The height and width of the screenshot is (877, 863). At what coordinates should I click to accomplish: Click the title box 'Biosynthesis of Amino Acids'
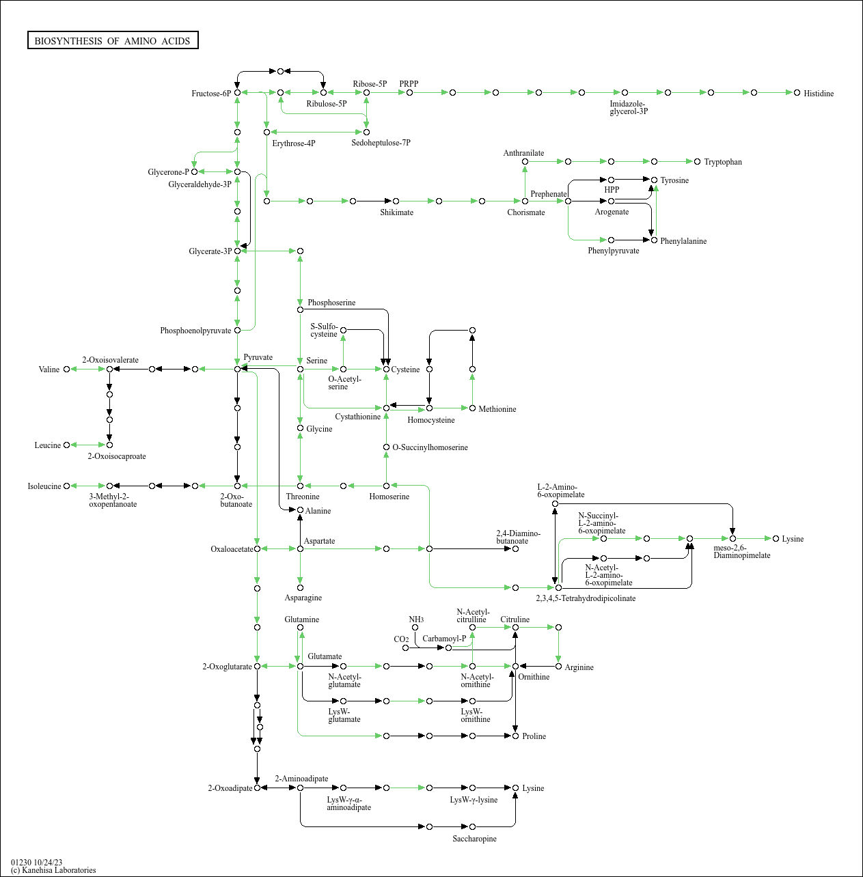coord(113,41)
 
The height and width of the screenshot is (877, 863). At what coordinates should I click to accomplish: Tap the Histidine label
coord(818,94)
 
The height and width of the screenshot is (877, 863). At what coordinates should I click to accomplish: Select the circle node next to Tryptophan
coord(697,161)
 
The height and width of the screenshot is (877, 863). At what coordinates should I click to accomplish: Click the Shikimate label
coord(396,212)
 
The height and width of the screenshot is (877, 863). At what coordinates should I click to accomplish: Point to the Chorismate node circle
coord(525,201)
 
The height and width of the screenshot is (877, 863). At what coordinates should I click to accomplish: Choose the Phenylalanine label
coord(683,241)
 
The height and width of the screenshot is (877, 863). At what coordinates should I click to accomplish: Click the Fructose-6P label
coord(210,94)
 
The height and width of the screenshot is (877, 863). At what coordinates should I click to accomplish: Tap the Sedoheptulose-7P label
coord(381,143)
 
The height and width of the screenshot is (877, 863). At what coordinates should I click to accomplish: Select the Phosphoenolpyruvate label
coord(195,331)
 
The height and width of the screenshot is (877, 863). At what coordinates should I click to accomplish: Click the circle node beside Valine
coord(66,369)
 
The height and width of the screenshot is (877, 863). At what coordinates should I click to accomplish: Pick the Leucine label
coord(48,445)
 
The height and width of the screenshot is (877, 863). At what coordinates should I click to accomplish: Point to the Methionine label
coord(497,409)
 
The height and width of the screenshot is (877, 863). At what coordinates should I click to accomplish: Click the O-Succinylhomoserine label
coord(430,447)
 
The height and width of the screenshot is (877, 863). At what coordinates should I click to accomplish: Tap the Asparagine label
coord(303,598)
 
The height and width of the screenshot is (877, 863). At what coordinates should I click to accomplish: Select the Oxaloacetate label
coord(232,549)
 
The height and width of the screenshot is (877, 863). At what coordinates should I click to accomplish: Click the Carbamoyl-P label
coord(443,639)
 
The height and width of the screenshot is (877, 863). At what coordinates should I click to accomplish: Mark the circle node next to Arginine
coord(558,666)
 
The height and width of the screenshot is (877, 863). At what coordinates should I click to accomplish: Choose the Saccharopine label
coord(474,839)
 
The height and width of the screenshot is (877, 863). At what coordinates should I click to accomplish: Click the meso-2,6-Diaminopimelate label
coord(741,551)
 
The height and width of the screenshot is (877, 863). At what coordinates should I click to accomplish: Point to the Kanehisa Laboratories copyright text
coord(53,870)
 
